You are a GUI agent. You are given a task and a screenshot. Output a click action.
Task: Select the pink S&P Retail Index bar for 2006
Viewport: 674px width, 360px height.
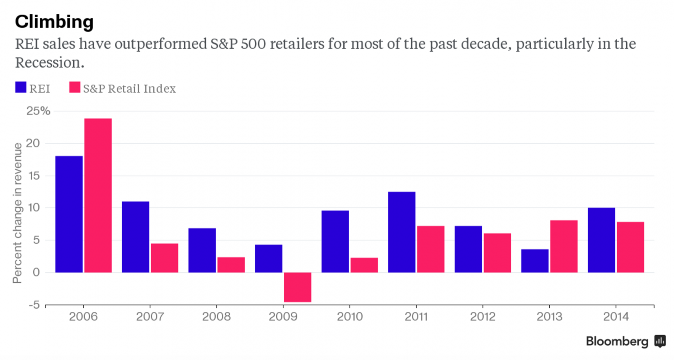[x=98, y=195]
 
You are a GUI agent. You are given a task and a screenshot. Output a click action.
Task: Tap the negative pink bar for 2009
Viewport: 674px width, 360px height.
[x=297, y=287]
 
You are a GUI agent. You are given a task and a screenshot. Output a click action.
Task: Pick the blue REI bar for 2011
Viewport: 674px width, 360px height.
[x=401, y=232]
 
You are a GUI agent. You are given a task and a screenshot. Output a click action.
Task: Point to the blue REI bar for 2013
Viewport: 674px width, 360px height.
[x=535, y=261]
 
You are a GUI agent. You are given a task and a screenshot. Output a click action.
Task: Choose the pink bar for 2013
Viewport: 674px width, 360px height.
[x=564, y=246]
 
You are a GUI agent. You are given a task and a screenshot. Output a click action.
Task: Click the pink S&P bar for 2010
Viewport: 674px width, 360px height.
[x=364, y=265]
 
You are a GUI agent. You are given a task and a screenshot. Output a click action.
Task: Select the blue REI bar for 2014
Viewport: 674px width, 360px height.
[x=601, y=240]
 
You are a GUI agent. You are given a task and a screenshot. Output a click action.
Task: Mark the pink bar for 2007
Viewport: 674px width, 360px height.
[x=164, y=258]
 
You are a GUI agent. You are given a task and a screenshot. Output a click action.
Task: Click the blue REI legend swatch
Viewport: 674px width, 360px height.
[x=21, y=87]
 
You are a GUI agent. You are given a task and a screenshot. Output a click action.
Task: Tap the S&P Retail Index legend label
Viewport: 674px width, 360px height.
[x=129, y=88]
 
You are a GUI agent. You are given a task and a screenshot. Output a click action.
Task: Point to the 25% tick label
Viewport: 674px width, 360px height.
[x=38, y=111]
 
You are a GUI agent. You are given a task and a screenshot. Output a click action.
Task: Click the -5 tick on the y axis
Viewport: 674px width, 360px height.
[x=34, y=304]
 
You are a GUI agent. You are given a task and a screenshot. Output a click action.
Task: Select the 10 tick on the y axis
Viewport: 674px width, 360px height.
[x=34, y=208]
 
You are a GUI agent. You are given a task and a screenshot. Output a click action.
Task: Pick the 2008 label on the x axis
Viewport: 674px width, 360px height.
[x=216, y=317]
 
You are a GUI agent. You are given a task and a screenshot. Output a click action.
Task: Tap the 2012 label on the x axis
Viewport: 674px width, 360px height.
[x=482, y=317]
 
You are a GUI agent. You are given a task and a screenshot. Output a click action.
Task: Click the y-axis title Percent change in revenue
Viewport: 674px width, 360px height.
[x=17, y=213]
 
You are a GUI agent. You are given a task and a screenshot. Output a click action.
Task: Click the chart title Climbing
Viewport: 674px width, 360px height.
[x=54, y=21]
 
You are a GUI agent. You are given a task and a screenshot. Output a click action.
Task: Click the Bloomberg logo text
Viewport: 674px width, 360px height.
[x=617, y=341]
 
